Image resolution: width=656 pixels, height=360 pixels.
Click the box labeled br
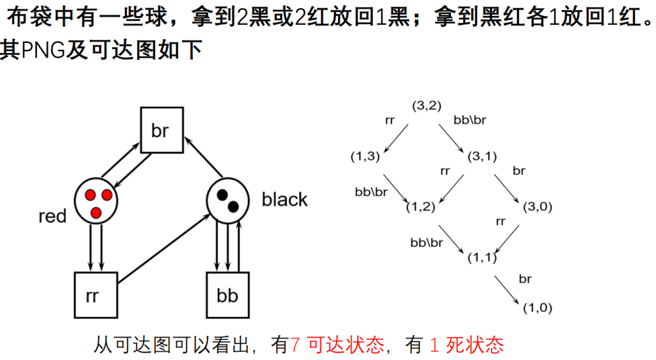(160, 131)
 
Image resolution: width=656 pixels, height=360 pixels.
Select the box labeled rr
(95, 295)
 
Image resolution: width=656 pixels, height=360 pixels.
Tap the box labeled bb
(227, 295)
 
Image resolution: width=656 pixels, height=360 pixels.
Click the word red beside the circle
(52, 217)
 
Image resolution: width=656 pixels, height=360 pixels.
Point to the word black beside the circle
(284, 200)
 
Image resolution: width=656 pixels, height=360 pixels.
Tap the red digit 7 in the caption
(295, 345)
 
